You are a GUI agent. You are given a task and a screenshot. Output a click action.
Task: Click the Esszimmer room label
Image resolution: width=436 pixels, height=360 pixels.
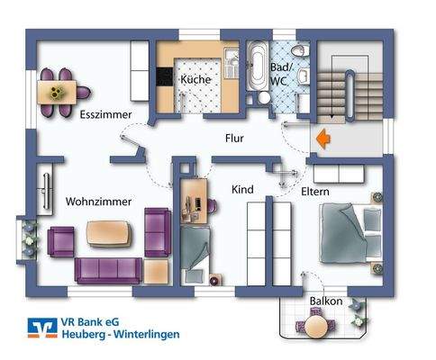click(x=106, y=115)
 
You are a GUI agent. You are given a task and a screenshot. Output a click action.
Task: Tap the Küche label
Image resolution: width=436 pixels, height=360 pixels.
click(x=195, y=80)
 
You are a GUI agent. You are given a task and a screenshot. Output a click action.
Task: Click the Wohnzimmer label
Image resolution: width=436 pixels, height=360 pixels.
click(x=99, y=202)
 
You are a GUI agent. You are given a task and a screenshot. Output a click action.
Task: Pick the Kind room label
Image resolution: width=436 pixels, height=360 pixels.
click(x=242, y=189)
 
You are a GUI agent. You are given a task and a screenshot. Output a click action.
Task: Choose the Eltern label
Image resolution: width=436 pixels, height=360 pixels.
click(x=315, y=192)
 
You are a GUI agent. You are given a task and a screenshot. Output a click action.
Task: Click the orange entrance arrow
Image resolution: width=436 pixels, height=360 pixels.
click(x=322, y=139)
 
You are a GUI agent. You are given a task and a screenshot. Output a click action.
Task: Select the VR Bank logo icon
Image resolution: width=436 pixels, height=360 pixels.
click(x=37, y=329)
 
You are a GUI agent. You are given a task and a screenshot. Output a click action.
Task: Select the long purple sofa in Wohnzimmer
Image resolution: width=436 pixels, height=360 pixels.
click(x=109, y=268)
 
